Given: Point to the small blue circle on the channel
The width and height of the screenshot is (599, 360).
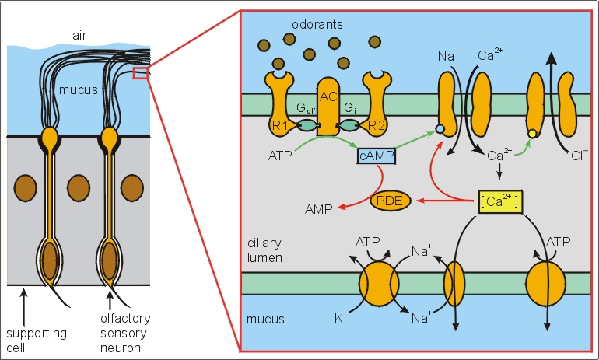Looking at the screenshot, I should click(x=440, y=128).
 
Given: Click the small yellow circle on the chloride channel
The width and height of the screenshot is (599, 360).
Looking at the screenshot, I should click(x=531, y=134).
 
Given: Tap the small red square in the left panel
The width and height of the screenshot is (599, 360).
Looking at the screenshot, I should click(x=140, y=73).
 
